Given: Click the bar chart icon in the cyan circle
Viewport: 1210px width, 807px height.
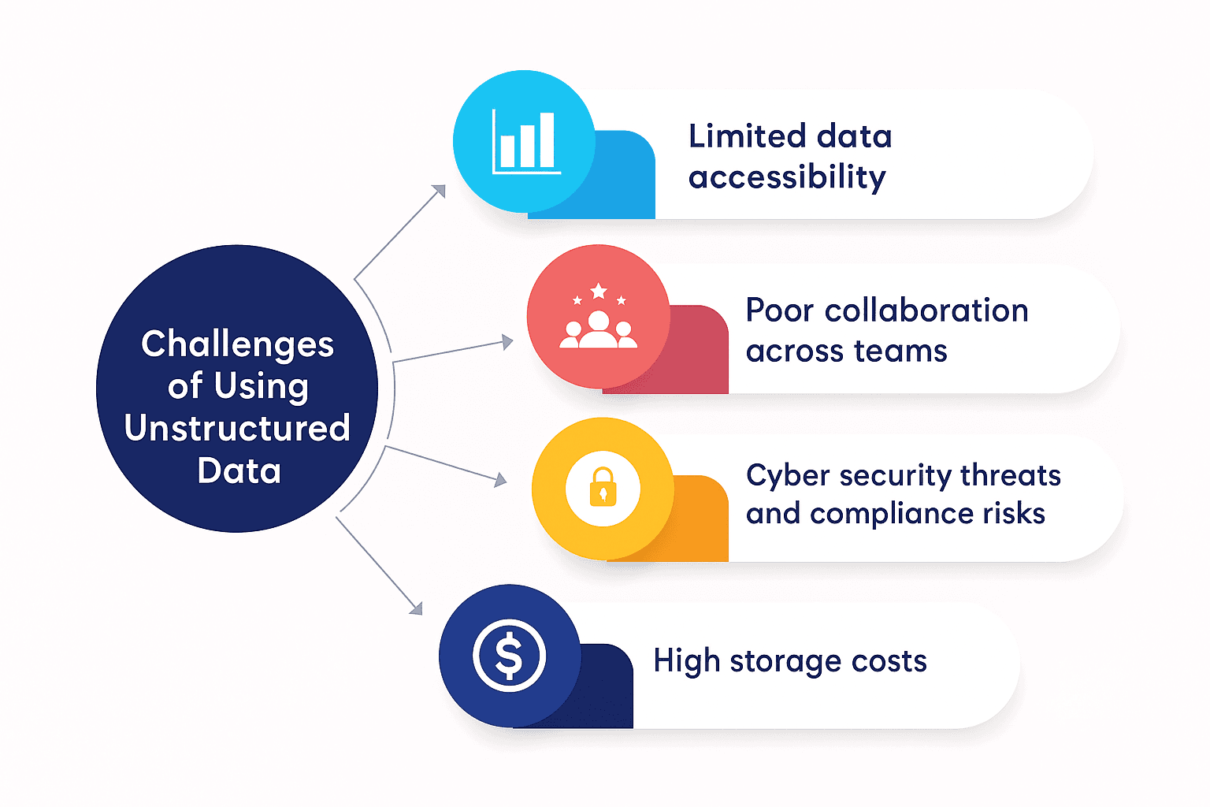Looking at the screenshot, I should coord(525,142).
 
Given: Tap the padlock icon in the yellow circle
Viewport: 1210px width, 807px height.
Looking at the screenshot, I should coord(603,488).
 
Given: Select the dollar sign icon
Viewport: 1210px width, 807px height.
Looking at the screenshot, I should coord(509,656).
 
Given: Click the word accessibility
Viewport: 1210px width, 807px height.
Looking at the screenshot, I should coord(787,177).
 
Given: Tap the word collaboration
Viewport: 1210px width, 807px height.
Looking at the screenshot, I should coord(926,311).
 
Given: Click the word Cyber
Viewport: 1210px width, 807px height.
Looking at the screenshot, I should coord(788,476).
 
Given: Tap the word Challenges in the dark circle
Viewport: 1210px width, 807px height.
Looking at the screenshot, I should coord(237,345).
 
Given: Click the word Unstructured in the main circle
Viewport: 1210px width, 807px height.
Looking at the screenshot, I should coord(237,429).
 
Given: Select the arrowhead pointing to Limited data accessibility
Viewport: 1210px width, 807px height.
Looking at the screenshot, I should coord(439,191).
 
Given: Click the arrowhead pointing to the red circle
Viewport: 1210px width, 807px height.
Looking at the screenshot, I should coord(507,342).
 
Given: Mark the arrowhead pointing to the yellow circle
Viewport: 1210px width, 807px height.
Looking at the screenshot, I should coord(500,479).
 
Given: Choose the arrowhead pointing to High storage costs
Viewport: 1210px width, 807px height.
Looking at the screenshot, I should coord(416,608).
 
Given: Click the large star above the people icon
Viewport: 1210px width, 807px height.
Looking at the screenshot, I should coord(599,292).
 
